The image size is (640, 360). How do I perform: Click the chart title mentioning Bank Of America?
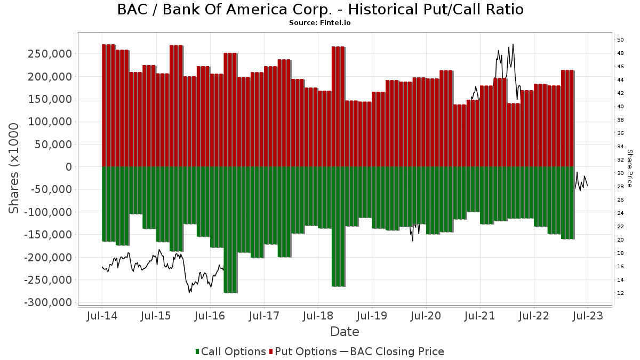[320, 10]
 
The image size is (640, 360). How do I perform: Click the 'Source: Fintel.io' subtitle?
[319, 23]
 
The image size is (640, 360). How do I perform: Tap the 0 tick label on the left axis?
[69, 167]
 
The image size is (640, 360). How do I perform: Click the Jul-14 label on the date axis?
[102, 316]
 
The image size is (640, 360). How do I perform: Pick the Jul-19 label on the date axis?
[372, 316]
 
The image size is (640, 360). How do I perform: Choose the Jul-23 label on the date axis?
[587, 316]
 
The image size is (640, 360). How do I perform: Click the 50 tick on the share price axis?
[620, 40]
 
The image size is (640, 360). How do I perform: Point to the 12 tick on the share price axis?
[620, 293]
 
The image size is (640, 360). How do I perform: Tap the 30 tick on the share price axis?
[620, 173]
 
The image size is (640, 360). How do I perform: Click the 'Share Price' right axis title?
[630, 168]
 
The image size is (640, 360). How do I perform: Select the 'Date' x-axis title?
[345, 332]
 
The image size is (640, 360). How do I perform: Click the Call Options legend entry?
[231, 351]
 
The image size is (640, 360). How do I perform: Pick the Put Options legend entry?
[304, 351]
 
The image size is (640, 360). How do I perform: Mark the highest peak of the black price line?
[513, 44]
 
